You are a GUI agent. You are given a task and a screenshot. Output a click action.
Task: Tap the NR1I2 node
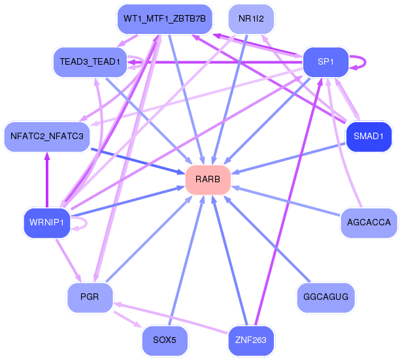coord(251,19)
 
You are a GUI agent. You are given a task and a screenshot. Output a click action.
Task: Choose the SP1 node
coord(325,62)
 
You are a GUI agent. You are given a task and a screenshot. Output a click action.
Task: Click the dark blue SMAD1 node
coord(368,137)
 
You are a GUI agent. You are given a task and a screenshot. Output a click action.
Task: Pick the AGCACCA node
coord(369,223)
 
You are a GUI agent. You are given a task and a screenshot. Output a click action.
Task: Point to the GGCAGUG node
coord(326,297)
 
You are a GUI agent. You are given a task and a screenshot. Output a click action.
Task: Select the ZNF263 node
coord(251,340)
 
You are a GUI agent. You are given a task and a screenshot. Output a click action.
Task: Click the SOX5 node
coord(164,340)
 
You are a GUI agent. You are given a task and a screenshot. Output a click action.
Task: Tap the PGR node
coord(90,297)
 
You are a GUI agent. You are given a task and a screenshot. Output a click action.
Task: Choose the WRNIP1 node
coord(46,223)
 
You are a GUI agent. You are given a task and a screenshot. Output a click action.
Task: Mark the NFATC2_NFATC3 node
coord(46,137)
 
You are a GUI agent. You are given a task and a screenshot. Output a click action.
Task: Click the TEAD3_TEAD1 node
coord(90,62)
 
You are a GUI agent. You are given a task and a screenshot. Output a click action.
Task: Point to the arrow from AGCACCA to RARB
coord(288,202)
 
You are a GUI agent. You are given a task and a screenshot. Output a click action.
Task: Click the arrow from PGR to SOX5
coord(128,319)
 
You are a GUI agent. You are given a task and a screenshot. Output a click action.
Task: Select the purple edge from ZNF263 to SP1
coord(288,203)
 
